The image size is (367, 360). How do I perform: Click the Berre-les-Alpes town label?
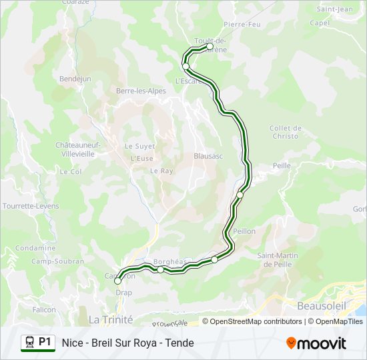141,91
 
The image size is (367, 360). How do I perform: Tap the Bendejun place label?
75,78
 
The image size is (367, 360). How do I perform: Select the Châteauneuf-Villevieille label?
77,148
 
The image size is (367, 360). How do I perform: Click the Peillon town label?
244,231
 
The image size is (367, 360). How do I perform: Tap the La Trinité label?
111,319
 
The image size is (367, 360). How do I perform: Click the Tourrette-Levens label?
31,206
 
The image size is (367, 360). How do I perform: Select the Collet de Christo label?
286,132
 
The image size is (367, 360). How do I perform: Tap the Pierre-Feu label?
242,24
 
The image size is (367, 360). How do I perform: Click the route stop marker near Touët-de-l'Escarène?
210,47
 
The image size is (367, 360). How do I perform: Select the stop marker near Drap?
118,281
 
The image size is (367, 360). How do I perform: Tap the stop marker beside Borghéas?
161,269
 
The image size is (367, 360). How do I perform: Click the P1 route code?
45,342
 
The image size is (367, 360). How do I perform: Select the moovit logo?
316,343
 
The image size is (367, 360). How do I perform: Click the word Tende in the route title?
180,343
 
